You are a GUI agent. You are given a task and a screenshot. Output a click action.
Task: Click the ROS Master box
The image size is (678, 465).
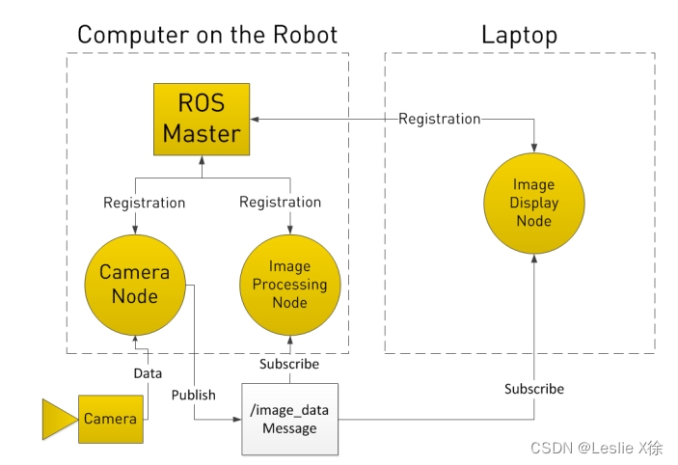[x=201, y=119]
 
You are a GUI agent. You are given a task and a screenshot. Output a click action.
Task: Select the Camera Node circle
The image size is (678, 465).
[x=134, y=284]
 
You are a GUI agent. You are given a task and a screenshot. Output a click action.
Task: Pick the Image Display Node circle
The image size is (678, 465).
[x=533, y=203]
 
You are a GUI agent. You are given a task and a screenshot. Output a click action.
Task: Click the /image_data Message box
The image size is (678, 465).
[x=289, y=419]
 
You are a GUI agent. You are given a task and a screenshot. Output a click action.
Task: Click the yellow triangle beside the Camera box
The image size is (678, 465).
[x=56, y=419]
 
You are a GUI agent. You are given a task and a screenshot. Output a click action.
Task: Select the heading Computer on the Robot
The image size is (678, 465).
[x=207, y=36]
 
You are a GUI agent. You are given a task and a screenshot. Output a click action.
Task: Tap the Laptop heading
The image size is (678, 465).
[x=519, y=36]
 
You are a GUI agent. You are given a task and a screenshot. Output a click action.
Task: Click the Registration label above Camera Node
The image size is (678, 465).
[x=144, y=203]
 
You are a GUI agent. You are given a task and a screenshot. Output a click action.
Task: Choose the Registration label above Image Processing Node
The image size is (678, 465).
[x=280, y=203]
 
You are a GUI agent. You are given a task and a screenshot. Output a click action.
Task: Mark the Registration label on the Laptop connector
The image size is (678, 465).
[x=439, y=119]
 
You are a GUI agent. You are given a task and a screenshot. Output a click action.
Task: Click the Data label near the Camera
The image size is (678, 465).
[x=148, y=372]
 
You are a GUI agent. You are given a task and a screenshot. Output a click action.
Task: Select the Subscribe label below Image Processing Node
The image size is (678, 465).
[x=289, y=364]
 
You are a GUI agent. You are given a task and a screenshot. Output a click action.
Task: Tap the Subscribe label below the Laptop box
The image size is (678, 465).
[x=534, y=389]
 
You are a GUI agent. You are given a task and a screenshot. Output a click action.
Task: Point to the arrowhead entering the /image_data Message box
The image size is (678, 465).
[x=237, y=419]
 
